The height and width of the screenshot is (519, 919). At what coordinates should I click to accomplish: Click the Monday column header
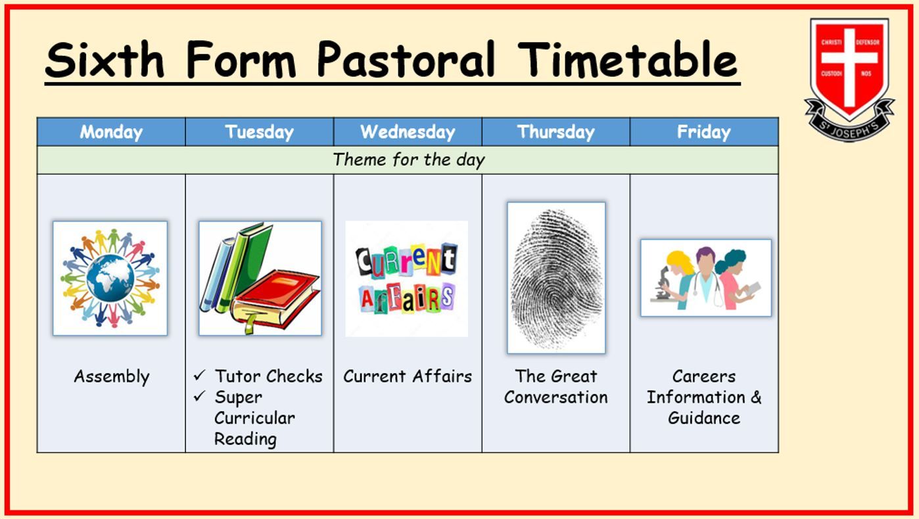(111, 132)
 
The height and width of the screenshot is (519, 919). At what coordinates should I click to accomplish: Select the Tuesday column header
(259, 132)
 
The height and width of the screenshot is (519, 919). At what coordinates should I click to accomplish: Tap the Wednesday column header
(408, 132)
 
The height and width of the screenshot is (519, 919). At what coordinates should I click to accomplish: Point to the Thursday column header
(556, 132)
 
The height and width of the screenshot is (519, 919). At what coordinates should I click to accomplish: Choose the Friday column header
(704, 132)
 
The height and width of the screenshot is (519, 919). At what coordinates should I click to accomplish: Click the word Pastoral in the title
(406, 59)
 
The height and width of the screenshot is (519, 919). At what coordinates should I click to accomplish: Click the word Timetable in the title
(627, 59)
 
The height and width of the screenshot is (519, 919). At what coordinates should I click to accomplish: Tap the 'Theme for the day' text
(409, 160)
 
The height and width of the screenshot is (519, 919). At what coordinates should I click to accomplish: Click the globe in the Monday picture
(110, 279)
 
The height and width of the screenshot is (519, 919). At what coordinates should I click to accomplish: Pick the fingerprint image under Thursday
(556, 279)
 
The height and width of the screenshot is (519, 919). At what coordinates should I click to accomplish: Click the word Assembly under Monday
(112, 376)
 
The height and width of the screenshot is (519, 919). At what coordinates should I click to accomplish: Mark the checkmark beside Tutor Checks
(200, 375)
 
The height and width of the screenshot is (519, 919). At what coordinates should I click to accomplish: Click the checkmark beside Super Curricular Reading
(200, 396)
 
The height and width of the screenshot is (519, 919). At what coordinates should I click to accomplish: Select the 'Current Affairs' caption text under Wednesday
(408, 376)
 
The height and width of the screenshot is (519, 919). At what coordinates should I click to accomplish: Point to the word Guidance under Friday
(704, 418)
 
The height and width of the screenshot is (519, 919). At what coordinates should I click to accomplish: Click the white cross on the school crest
(849, 66)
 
